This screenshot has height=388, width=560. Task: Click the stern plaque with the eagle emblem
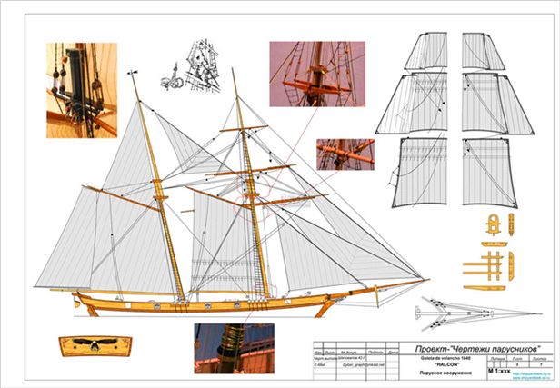point(94,345)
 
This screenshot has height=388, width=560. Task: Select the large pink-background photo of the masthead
point(316,73)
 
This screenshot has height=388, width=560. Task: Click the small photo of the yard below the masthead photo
point(345,154)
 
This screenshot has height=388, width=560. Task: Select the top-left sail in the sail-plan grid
point(425,51)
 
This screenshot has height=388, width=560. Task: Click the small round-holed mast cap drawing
point(494,224)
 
